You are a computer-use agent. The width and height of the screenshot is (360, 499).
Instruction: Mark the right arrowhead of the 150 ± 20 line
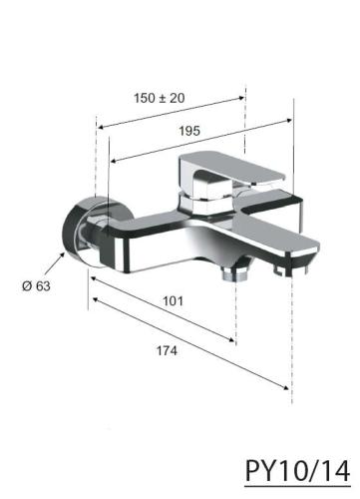pos(241,97)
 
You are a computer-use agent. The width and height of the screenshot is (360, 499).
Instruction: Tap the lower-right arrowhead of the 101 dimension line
pos(235,341)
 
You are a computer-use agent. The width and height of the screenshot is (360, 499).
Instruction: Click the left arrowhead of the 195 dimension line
pos(113,162)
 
